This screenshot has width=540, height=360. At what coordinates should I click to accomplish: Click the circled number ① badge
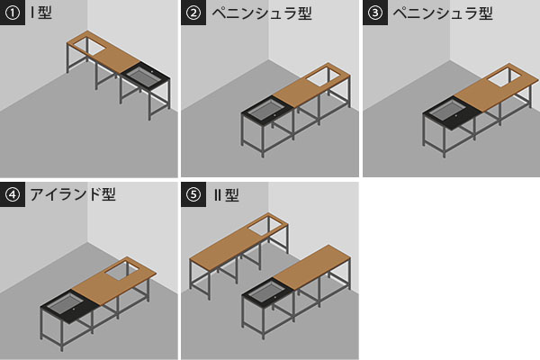13,13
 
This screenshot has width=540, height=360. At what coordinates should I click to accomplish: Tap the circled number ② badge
193,13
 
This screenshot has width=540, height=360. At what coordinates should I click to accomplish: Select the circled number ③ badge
375,13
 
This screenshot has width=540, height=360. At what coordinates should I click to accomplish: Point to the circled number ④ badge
13,194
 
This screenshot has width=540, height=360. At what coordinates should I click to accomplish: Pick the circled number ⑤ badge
193,194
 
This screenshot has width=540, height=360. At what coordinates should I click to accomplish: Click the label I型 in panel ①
41,13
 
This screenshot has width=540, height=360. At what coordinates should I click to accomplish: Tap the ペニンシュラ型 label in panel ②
262,13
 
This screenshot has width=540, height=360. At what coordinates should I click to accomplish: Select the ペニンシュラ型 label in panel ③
443,13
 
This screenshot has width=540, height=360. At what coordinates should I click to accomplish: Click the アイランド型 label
73,194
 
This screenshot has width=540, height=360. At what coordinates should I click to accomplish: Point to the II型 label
226,195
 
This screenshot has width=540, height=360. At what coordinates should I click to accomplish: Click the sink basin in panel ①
144,75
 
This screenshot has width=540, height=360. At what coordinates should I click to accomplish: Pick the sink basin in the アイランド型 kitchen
66,303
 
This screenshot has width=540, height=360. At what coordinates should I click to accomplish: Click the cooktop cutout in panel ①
87,46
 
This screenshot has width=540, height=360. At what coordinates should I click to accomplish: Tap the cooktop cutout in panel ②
323,76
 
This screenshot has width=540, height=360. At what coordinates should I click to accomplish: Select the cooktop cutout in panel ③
505,76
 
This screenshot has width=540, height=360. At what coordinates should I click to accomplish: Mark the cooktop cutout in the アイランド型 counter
121,270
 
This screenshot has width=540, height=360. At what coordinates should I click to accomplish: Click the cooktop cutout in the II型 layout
265,226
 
